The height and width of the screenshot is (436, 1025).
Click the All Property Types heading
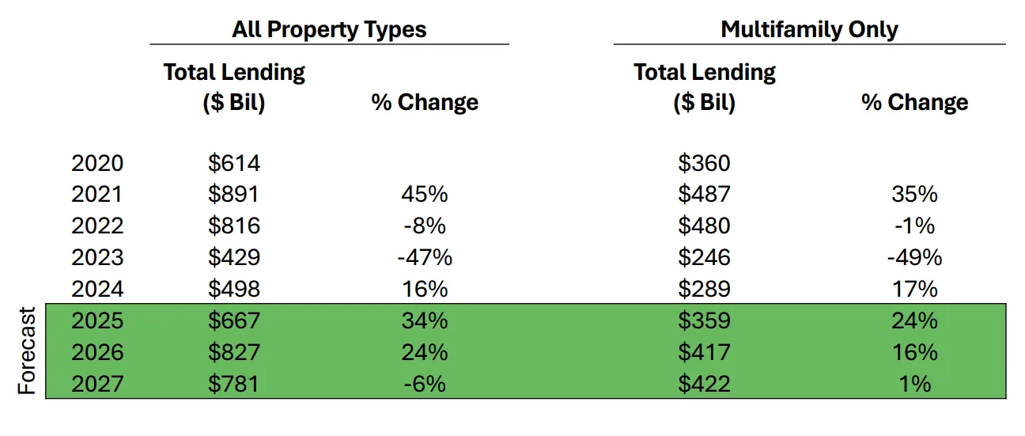point(329,30)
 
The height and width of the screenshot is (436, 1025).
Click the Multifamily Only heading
point(809,30)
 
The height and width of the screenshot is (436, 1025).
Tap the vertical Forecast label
point(28,351)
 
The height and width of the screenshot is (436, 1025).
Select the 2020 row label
point(97,163)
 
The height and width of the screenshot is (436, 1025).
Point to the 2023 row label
point(97,257)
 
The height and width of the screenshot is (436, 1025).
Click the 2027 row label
point(97,384)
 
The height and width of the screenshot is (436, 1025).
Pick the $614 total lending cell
point(234,163)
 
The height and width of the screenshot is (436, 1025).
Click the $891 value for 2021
point(234,195)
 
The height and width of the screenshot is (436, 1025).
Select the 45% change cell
point(424,195)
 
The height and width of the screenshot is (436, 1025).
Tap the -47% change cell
point(424,257)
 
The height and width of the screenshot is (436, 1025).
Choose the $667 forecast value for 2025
point(234,320)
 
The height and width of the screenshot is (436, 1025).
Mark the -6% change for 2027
point(424,384)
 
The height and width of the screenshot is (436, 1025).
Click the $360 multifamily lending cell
point(704,163)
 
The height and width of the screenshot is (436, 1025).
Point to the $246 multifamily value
point(704,257)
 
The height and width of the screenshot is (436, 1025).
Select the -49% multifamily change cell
point(914,257)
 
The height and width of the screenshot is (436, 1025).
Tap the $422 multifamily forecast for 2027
point(704,384)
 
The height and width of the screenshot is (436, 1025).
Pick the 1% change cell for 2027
point(914,384)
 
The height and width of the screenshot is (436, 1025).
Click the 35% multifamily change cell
point(914,195)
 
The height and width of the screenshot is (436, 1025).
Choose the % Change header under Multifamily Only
point(914,102)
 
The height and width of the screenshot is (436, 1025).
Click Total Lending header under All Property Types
point(234,87)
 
